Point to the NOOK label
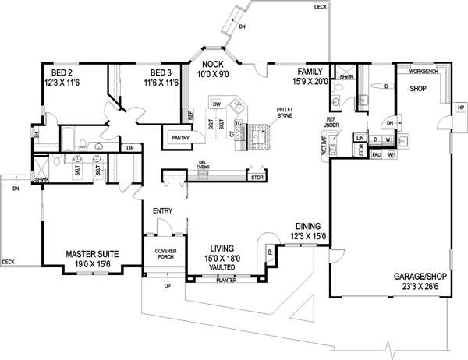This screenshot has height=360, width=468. pyautogui.click(x=214, y=65)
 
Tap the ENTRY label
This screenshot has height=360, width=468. pyautogui.click(x=162, y=210)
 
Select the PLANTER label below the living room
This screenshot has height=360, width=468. pyautogui.click(x=226, y=279)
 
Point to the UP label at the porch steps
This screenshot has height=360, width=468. pyautogui.click(x=166, y=288)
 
